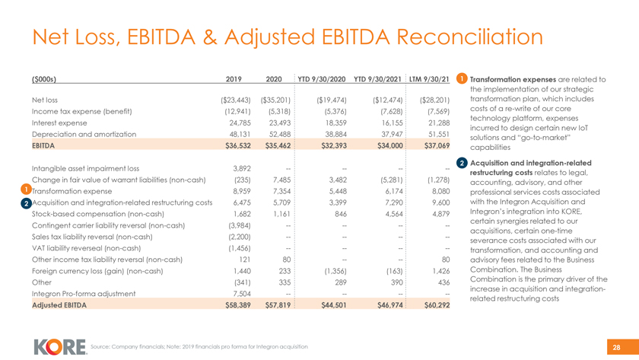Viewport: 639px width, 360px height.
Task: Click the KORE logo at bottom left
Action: [x=60, y=346]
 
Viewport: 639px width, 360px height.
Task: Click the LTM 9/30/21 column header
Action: [x=429, y=78]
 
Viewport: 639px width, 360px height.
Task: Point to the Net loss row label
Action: [x=45, y=99]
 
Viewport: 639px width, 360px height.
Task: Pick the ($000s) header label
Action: [x=45, y=78]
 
